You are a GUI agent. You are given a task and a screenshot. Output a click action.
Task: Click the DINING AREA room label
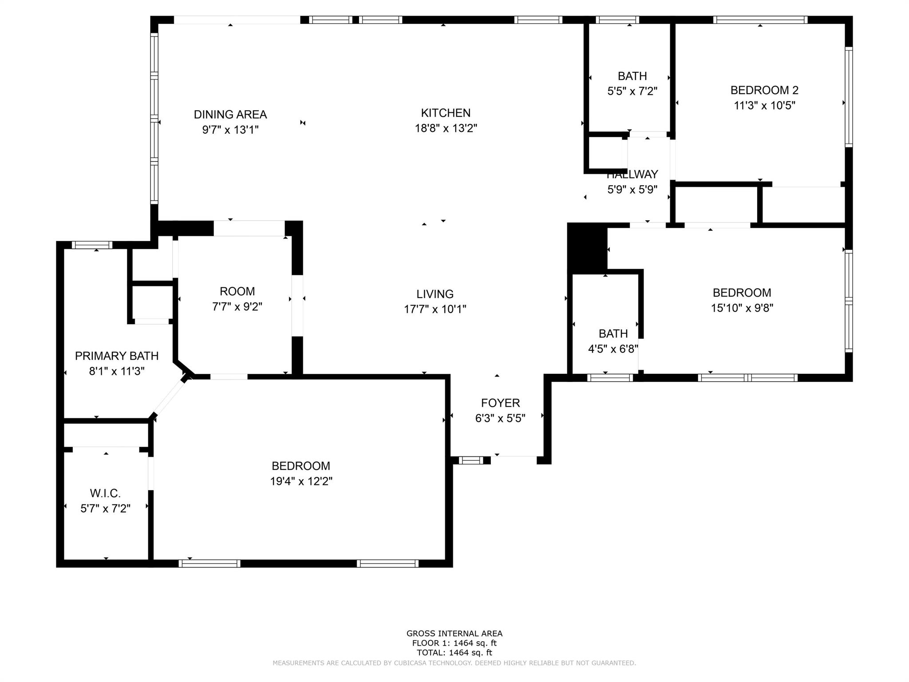coord(230,115)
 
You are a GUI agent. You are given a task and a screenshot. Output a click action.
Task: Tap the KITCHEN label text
coord(446,113)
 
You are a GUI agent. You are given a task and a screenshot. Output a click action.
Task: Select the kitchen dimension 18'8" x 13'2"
coord(446,128)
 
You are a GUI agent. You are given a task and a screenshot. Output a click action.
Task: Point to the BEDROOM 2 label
coord(764,90)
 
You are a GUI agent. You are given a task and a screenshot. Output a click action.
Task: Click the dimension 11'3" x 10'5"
coord(764,106)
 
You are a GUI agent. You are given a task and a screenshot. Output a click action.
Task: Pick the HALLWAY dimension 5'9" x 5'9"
coord(632,190)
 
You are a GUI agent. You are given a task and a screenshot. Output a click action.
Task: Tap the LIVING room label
coord(435,294)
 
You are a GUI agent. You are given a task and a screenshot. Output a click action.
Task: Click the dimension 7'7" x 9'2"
coord(237,307)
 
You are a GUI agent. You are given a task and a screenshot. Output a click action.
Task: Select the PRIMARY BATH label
coord(117,356)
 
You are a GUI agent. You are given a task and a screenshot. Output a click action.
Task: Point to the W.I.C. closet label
coord(105,493)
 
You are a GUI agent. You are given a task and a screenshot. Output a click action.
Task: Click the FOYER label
coord(500,403)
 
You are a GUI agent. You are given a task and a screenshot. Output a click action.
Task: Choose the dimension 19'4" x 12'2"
coord(301,481)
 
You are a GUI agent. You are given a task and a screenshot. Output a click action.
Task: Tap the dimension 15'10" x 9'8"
coord(742,308)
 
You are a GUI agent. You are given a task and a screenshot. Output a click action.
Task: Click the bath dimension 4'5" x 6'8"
coord(613,349)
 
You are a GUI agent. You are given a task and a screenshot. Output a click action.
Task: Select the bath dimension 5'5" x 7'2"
coord(632,91)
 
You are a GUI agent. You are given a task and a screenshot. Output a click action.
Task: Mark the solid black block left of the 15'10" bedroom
coord(587,248)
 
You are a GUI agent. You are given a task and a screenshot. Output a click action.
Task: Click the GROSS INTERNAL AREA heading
coord(454,634)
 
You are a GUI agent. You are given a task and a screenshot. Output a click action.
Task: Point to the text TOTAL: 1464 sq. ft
coord(454,653)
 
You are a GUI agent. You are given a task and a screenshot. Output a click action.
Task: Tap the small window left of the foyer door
coord(470,460)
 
